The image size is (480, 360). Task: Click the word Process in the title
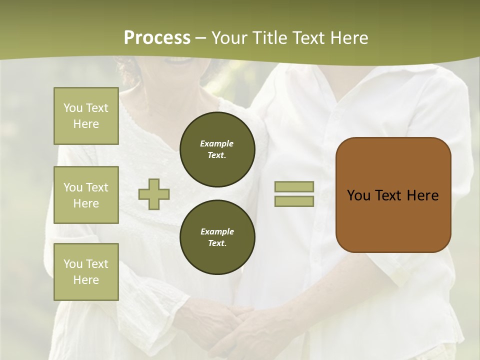[x=157, y=38]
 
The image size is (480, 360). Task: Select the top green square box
[x=86, y=116]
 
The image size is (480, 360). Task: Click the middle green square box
[x=86, y=195]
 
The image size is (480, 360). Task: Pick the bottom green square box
[x=86, y=272]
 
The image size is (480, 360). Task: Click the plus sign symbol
[x=154, y=194]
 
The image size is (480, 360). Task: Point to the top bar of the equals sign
[x=294, y=186]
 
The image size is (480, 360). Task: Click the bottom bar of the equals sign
[x=294, y=201]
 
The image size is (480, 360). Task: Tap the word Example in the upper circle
[x=216, y=143]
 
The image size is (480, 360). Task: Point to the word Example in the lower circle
[x=217, y=231]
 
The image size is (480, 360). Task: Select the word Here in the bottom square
[x=86, y=280]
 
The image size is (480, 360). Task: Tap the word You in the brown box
[x=358, y=195]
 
